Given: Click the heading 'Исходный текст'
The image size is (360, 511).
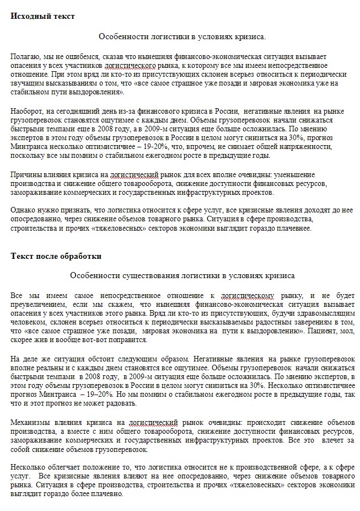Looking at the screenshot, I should [x=42, y=16].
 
